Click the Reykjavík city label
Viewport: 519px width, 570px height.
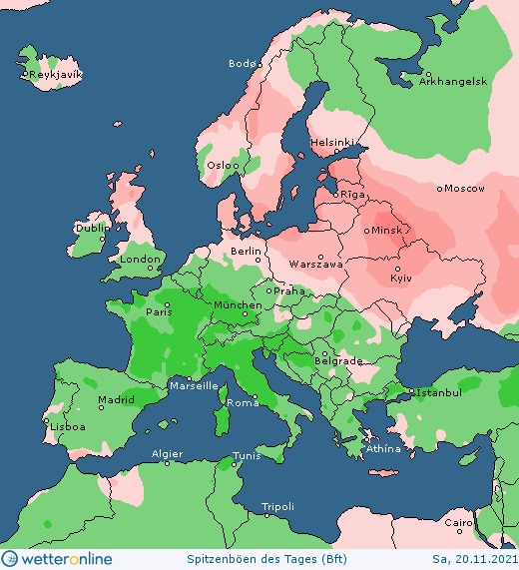tap(56, 75)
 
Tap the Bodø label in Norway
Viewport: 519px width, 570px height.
tap(243, 64)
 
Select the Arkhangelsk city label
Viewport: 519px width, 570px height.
tap(453, 82)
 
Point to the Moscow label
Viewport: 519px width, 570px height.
tap(464, 189)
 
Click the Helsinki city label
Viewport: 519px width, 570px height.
tap(331, 142)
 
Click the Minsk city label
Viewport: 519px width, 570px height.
tap(386, 231)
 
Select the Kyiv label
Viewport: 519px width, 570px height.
tap(401, 277)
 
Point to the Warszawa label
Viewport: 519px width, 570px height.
tap(315, 265)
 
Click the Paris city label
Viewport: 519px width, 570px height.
tap(160, 311)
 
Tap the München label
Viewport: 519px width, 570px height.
tap(238, 304)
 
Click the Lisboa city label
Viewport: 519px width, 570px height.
tap(67, 426)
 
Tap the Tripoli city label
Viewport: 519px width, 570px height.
tap(277, 508)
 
